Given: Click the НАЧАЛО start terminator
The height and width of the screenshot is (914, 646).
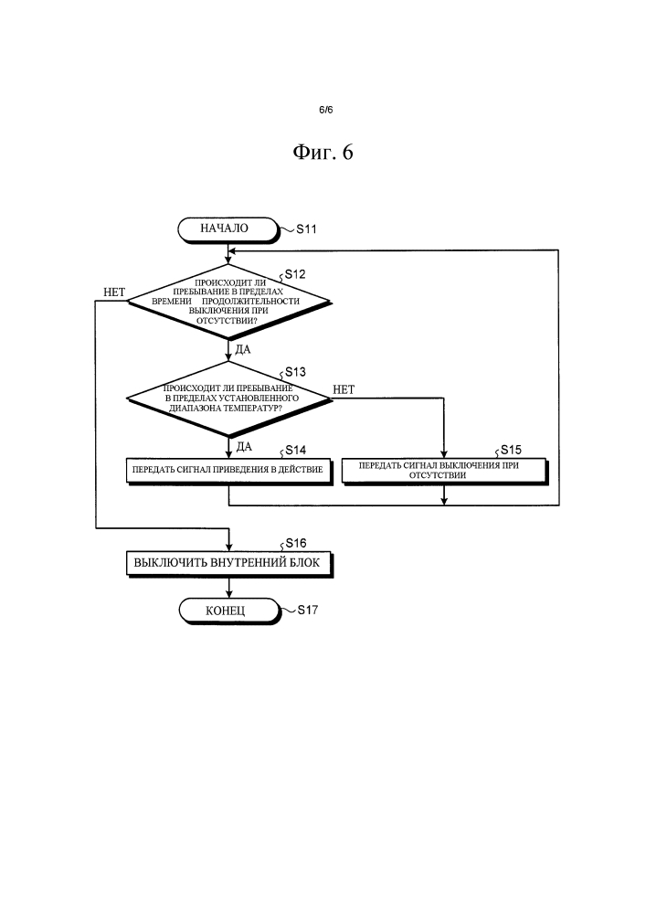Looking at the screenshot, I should (226, 228).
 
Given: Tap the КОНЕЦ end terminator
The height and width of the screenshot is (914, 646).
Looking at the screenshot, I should (226, 610).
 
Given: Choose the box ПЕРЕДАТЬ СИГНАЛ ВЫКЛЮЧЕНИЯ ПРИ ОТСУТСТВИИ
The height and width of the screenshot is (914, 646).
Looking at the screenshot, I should (444, 470).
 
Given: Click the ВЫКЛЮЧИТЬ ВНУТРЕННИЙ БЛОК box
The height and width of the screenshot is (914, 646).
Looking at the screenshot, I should (228, 563).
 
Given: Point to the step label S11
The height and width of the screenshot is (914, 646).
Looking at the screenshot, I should (306, 230).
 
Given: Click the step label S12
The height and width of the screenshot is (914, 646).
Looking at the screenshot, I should (294, 274).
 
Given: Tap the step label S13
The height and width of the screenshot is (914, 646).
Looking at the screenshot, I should (294, 372).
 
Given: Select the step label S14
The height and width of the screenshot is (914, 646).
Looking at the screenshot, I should (294, 450).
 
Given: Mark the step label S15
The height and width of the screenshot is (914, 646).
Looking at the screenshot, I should (510, 450).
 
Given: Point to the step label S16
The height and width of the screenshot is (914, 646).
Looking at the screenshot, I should (294, 543).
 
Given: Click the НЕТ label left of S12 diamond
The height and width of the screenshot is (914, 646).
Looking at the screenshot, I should (114, 292).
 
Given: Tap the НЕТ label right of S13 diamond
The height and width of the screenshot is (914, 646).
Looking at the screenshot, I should (344, 389).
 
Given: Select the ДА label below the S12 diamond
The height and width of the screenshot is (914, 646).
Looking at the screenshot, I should (243, 349).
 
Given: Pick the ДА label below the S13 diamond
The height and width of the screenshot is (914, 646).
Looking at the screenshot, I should (243, 446).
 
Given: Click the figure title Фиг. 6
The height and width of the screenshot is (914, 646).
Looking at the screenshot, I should (323, 154).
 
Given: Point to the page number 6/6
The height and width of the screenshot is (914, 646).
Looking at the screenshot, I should (323, 110).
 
